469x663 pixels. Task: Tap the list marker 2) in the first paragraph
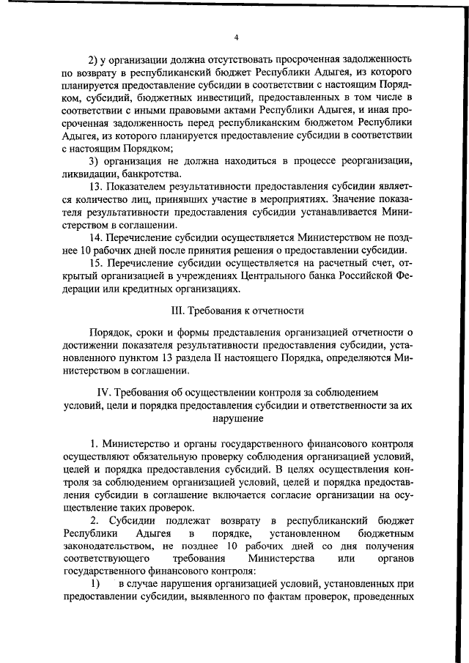point(92,59)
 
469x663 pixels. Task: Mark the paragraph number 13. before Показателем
point(95,187)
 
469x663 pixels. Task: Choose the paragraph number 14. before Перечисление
point(95,238)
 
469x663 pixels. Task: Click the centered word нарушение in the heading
point(234,420)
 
